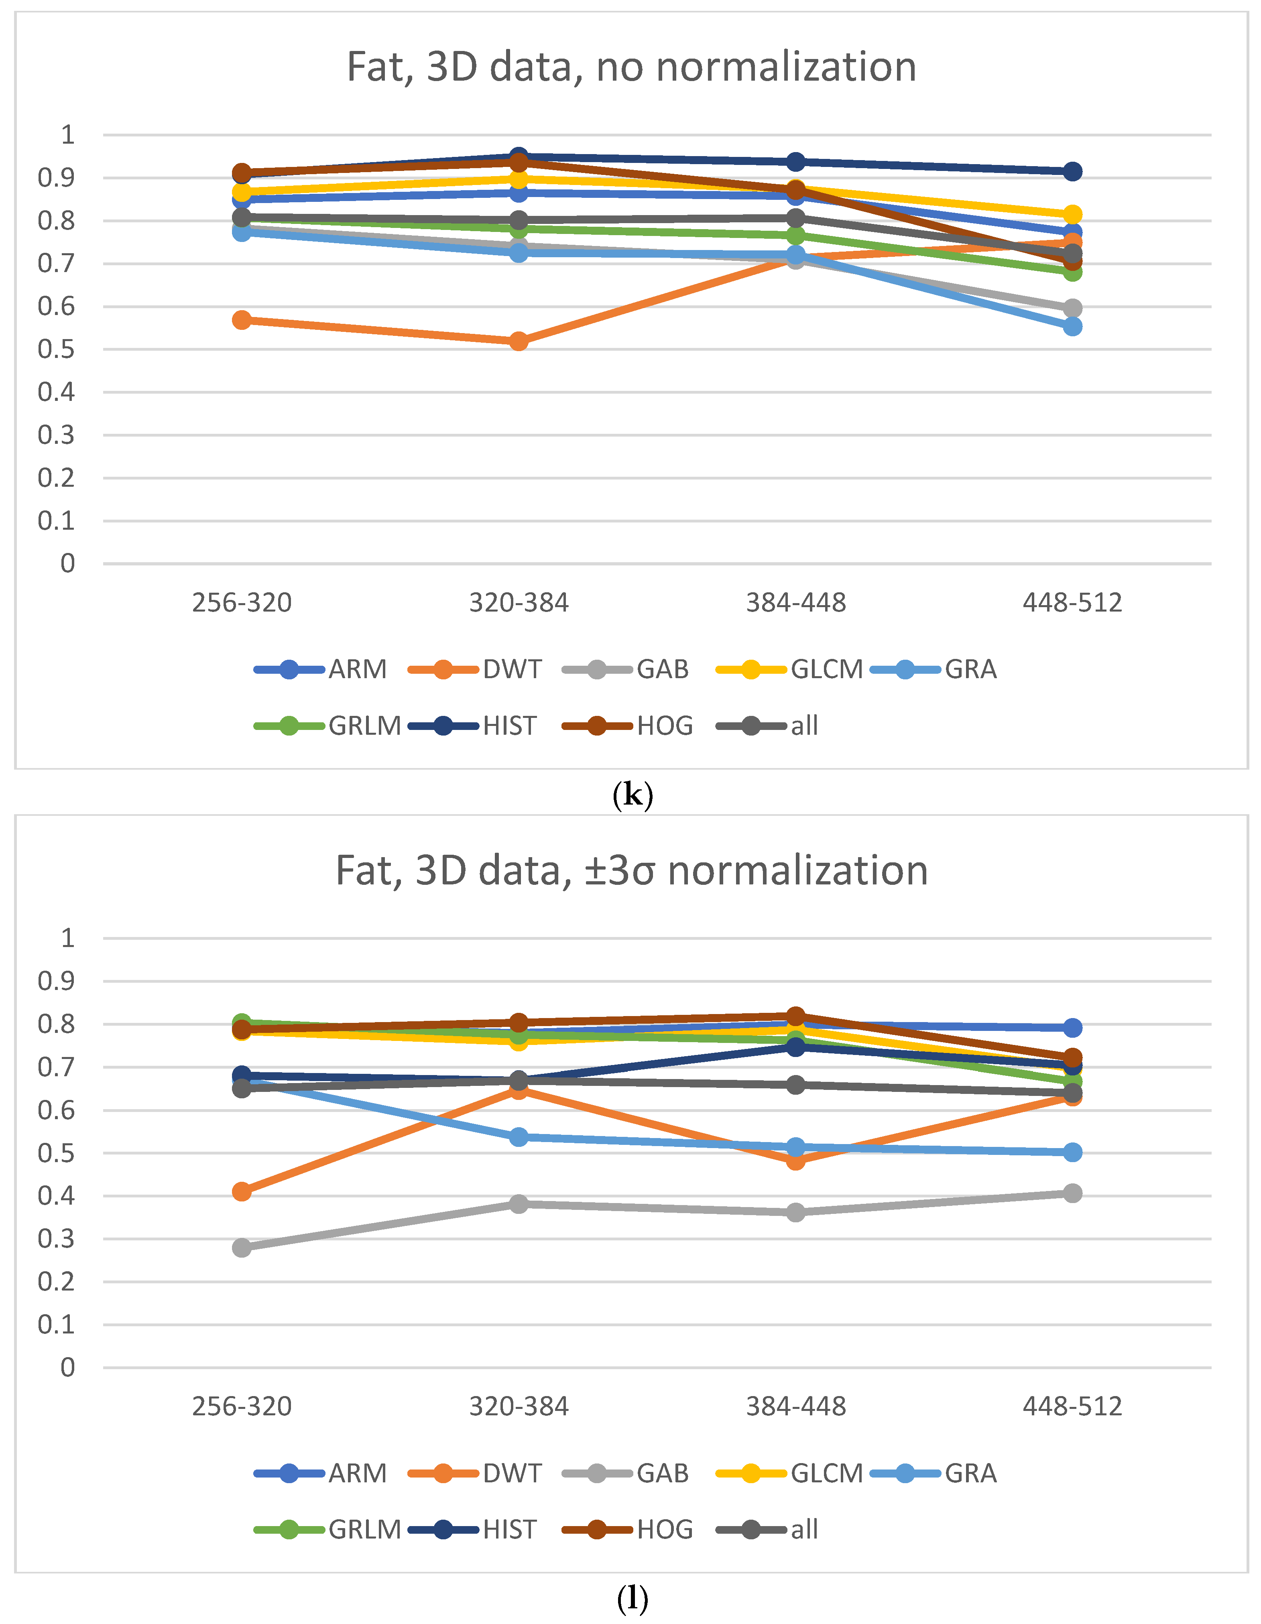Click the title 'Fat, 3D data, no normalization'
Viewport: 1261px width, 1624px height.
tap(631, 67)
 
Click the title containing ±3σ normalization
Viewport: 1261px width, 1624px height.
tap(631, 870)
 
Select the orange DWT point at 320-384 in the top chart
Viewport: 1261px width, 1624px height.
tap(518, 341)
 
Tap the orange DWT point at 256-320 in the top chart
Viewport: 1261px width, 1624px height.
tap(242, 320)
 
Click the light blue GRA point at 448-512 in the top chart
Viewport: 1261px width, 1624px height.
tap(1072, 326)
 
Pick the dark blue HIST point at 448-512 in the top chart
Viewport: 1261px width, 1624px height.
tap(1072, 172)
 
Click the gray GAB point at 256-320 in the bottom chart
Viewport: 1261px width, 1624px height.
tap(242, 1247)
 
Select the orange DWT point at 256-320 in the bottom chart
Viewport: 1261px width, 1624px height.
tap(242, 1191)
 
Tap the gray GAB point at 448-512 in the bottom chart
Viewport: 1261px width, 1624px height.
tap(1072, 1193)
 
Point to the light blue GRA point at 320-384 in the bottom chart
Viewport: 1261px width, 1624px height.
tap(518, 1137)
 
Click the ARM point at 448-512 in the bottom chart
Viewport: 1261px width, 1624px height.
tap(1072, 1028)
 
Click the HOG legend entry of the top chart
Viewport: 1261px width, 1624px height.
tap(628, 726)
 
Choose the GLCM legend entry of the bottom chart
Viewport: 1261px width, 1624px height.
tap(789, 1473)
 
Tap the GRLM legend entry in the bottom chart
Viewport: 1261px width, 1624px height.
tap(327, 1530)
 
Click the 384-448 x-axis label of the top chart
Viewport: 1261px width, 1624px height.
tap(795, 602)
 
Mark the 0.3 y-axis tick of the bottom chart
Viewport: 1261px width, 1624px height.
tap(57, 1239)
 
